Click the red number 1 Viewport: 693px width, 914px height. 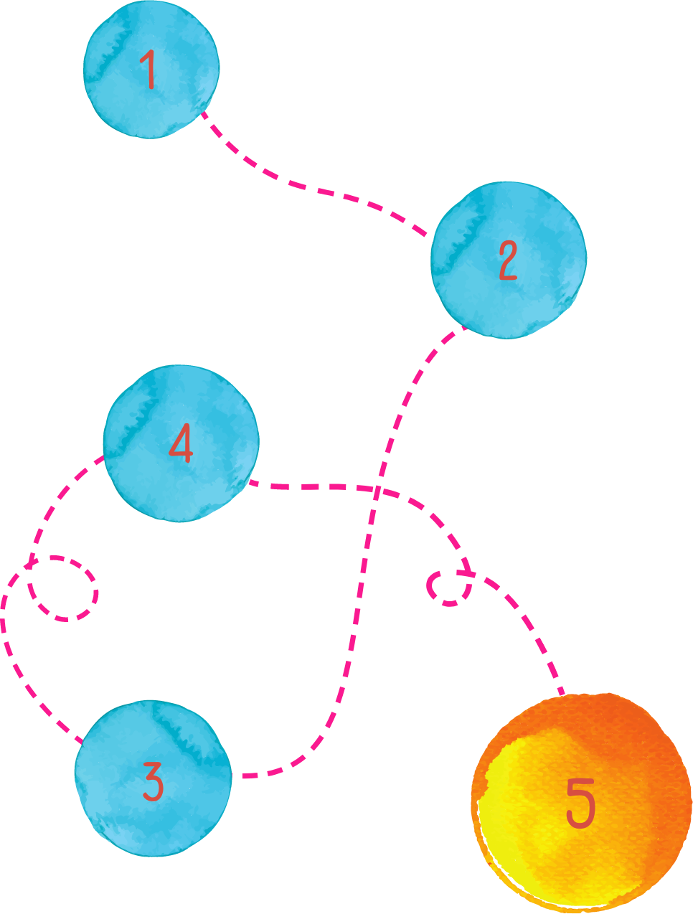click(149, 70)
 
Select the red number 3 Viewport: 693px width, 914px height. click(153, 781)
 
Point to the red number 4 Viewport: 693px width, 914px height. click(181, 443)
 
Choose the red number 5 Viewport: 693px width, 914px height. click(580, 803)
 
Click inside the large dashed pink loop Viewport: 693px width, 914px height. click(63, 588)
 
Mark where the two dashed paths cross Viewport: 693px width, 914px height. click(377, 490)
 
